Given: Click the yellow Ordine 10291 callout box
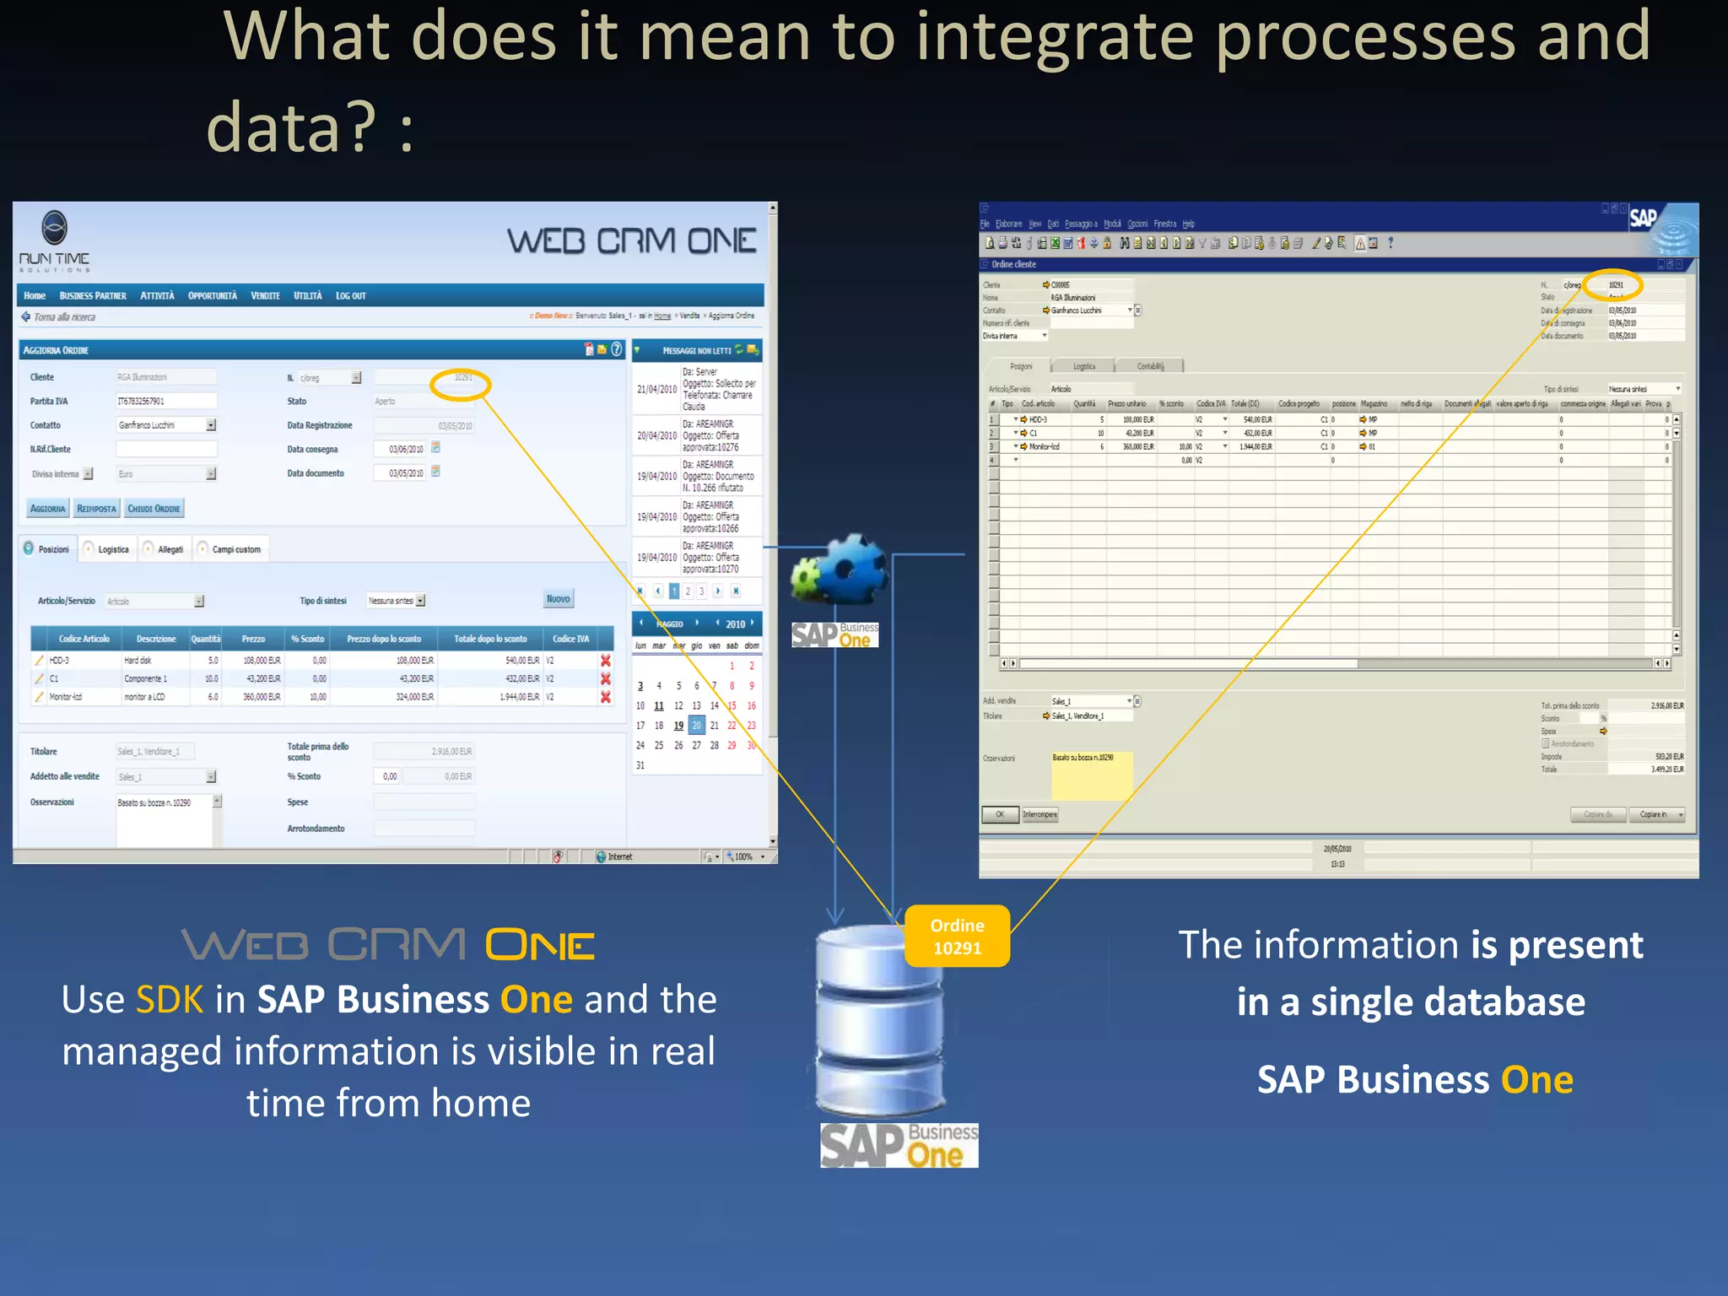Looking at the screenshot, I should [957, 937].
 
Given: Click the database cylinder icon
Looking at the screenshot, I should [879, 1021].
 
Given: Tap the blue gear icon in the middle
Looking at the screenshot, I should [854, 570].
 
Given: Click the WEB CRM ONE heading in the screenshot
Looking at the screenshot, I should [631, 242].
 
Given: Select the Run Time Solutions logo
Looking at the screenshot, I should [54, 241].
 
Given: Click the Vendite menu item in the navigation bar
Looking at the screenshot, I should [265, 296].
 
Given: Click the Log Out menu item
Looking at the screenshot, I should [350, 296].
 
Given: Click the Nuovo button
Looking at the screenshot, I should [558, 599].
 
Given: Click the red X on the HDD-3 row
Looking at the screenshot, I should [605, 661].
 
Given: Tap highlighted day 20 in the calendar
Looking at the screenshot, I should [696, 726].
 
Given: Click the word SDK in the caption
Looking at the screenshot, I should [169, 1000].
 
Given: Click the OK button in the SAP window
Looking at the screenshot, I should [1000, 814].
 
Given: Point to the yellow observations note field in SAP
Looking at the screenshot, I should [1091, 775].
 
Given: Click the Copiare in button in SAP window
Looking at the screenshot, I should [1657, 814].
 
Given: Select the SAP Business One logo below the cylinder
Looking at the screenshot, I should [899, 1146].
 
